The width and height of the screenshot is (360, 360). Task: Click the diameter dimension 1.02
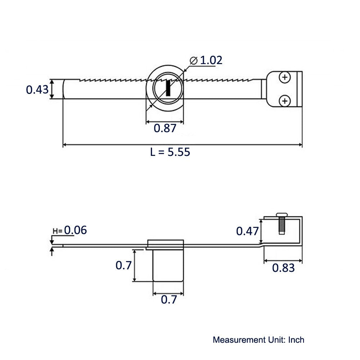tap(211, 60)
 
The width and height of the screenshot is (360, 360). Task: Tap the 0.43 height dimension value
tap(37, 89)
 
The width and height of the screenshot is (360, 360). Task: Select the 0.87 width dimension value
tap(165, 128)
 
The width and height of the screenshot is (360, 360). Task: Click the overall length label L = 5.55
tap(170, 152)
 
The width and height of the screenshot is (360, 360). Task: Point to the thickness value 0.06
tap(75, 230)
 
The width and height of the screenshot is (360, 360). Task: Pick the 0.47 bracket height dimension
tap(247, 231)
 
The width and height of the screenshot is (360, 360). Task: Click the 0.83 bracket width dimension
tap(283, 268)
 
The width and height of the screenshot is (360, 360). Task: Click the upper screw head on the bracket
tap(285, 77)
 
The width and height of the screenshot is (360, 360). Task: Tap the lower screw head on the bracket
tap(285, 101)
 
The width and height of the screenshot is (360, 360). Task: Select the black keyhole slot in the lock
tap(168, 89)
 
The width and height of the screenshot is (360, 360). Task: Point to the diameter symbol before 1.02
tap(193, 60)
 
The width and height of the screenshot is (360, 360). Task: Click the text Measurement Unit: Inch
tap(258, 339)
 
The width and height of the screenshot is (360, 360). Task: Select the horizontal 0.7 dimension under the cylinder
tap(168, 300)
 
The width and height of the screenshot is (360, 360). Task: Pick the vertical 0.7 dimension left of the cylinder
tap(123, 266)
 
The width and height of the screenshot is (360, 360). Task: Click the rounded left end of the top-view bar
tap(65, 89)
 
